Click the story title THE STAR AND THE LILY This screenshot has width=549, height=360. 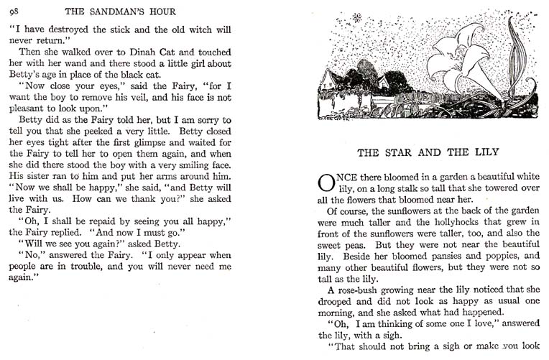429,152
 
